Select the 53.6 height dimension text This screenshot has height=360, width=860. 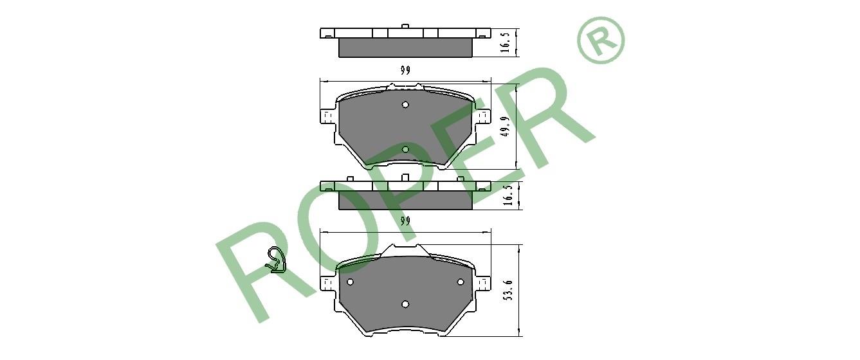[x=509, y=290]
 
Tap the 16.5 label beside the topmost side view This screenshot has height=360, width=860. [x=506, y=42]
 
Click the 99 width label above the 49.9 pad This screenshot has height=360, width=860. [x=405, y=71]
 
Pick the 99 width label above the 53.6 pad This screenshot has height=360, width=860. [x=405, y=221]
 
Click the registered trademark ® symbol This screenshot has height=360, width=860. [x=601, y=40]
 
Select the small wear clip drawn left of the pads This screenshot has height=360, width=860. [x=276, y=260]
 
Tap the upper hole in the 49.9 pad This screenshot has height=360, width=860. [x=405, y=104]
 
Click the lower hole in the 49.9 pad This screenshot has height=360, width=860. [x=405, y=149]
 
